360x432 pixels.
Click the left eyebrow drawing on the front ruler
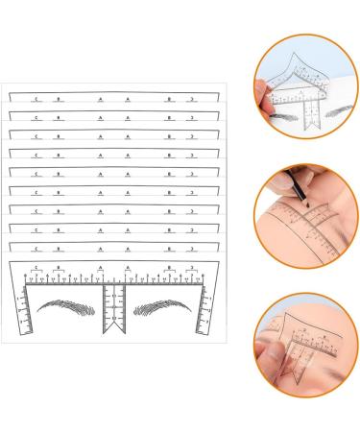click(68, 313)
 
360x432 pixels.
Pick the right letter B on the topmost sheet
click(169, 97)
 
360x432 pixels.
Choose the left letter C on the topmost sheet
click(35, 97)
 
